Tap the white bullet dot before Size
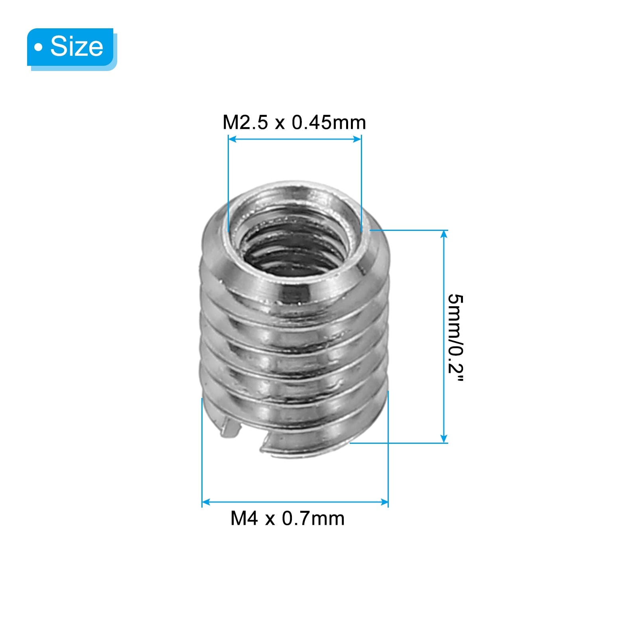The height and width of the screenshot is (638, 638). tap(38, 47)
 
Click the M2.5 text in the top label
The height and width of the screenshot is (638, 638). tap(245, 122)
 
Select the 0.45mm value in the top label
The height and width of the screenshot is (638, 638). tap(329, 122)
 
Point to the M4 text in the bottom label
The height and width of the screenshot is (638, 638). tap(244, 518)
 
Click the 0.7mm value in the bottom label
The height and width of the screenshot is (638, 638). tap(313, 518)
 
